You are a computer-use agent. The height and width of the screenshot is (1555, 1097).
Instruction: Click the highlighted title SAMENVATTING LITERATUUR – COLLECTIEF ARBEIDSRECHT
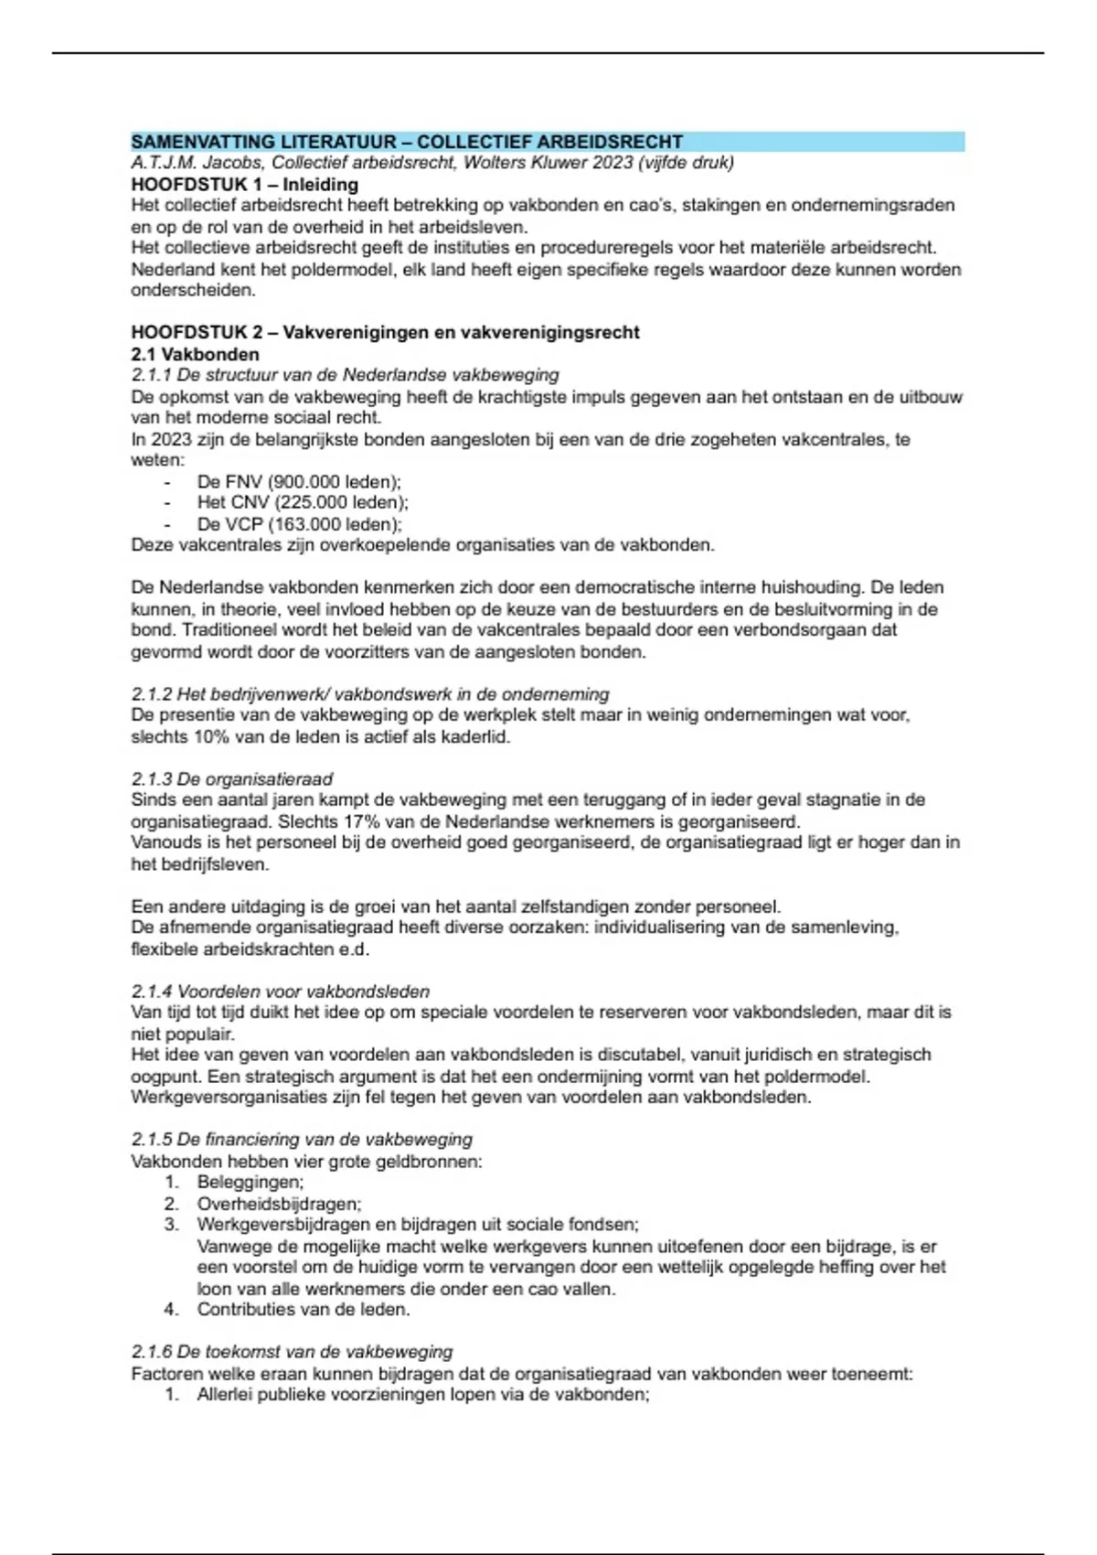pos(407,142)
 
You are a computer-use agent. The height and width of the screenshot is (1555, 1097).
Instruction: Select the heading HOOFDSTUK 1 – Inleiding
pos(244,184)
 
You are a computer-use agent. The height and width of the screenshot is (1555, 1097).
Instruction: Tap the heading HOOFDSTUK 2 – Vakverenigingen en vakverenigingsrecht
pos(385,332)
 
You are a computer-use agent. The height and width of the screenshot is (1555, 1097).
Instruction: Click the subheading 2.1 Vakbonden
pos(195,354)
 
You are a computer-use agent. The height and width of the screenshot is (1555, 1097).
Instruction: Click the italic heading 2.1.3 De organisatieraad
pos(231,779)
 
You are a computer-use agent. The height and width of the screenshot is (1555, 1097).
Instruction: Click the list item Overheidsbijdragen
pos(279,1204)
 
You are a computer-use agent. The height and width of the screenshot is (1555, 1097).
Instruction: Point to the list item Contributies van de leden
pos(304,1309)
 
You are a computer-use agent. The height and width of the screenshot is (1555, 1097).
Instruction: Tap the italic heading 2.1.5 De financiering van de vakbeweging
pos(302,1140)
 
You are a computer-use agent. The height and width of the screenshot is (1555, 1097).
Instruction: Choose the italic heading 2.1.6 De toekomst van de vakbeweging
pos(292,1352)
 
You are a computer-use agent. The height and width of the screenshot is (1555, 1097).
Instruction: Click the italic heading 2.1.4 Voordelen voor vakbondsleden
pos(280,992)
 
